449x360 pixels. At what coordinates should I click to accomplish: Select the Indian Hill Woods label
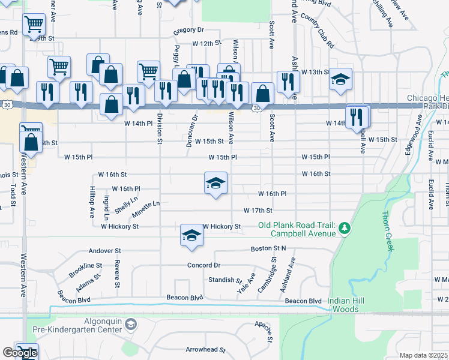pos(352,305)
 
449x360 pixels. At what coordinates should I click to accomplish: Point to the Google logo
pos(20,353)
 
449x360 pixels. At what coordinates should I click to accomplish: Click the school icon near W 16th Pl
pos(215,184)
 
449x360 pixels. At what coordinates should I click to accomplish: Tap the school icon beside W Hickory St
pos(191,235)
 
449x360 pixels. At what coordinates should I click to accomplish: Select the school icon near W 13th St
pos(340,79)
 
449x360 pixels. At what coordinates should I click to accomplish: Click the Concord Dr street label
pos(204,265)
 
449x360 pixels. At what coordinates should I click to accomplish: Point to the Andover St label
pos(104,251)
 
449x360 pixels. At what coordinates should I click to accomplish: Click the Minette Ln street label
pos(146,205)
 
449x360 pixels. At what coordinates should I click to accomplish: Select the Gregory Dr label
pos(188,30)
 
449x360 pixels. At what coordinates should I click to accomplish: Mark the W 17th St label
pos(258,211)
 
